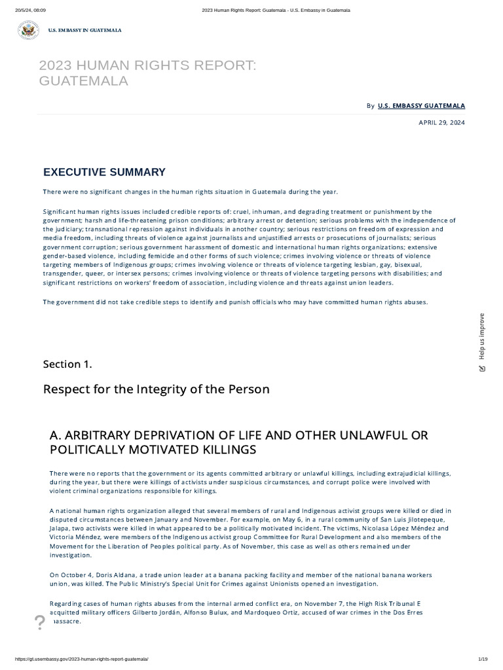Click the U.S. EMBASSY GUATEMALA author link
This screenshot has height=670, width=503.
coord(421,105)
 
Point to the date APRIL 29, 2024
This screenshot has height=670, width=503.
coord(441,122)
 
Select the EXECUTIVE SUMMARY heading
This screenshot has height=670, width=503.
coord(104,172)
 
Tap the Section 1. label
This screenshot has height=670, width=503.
coord(67,364)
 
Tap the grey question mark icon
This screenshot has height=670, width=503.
coord(39,622)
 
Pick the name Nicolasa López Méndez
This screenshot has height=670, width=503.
coord(398,528)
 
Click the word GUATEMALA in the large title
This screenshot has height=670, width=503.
coord(83,80)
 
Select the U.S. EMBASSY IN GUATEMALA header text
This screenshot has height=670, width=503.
coord(84,30)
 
